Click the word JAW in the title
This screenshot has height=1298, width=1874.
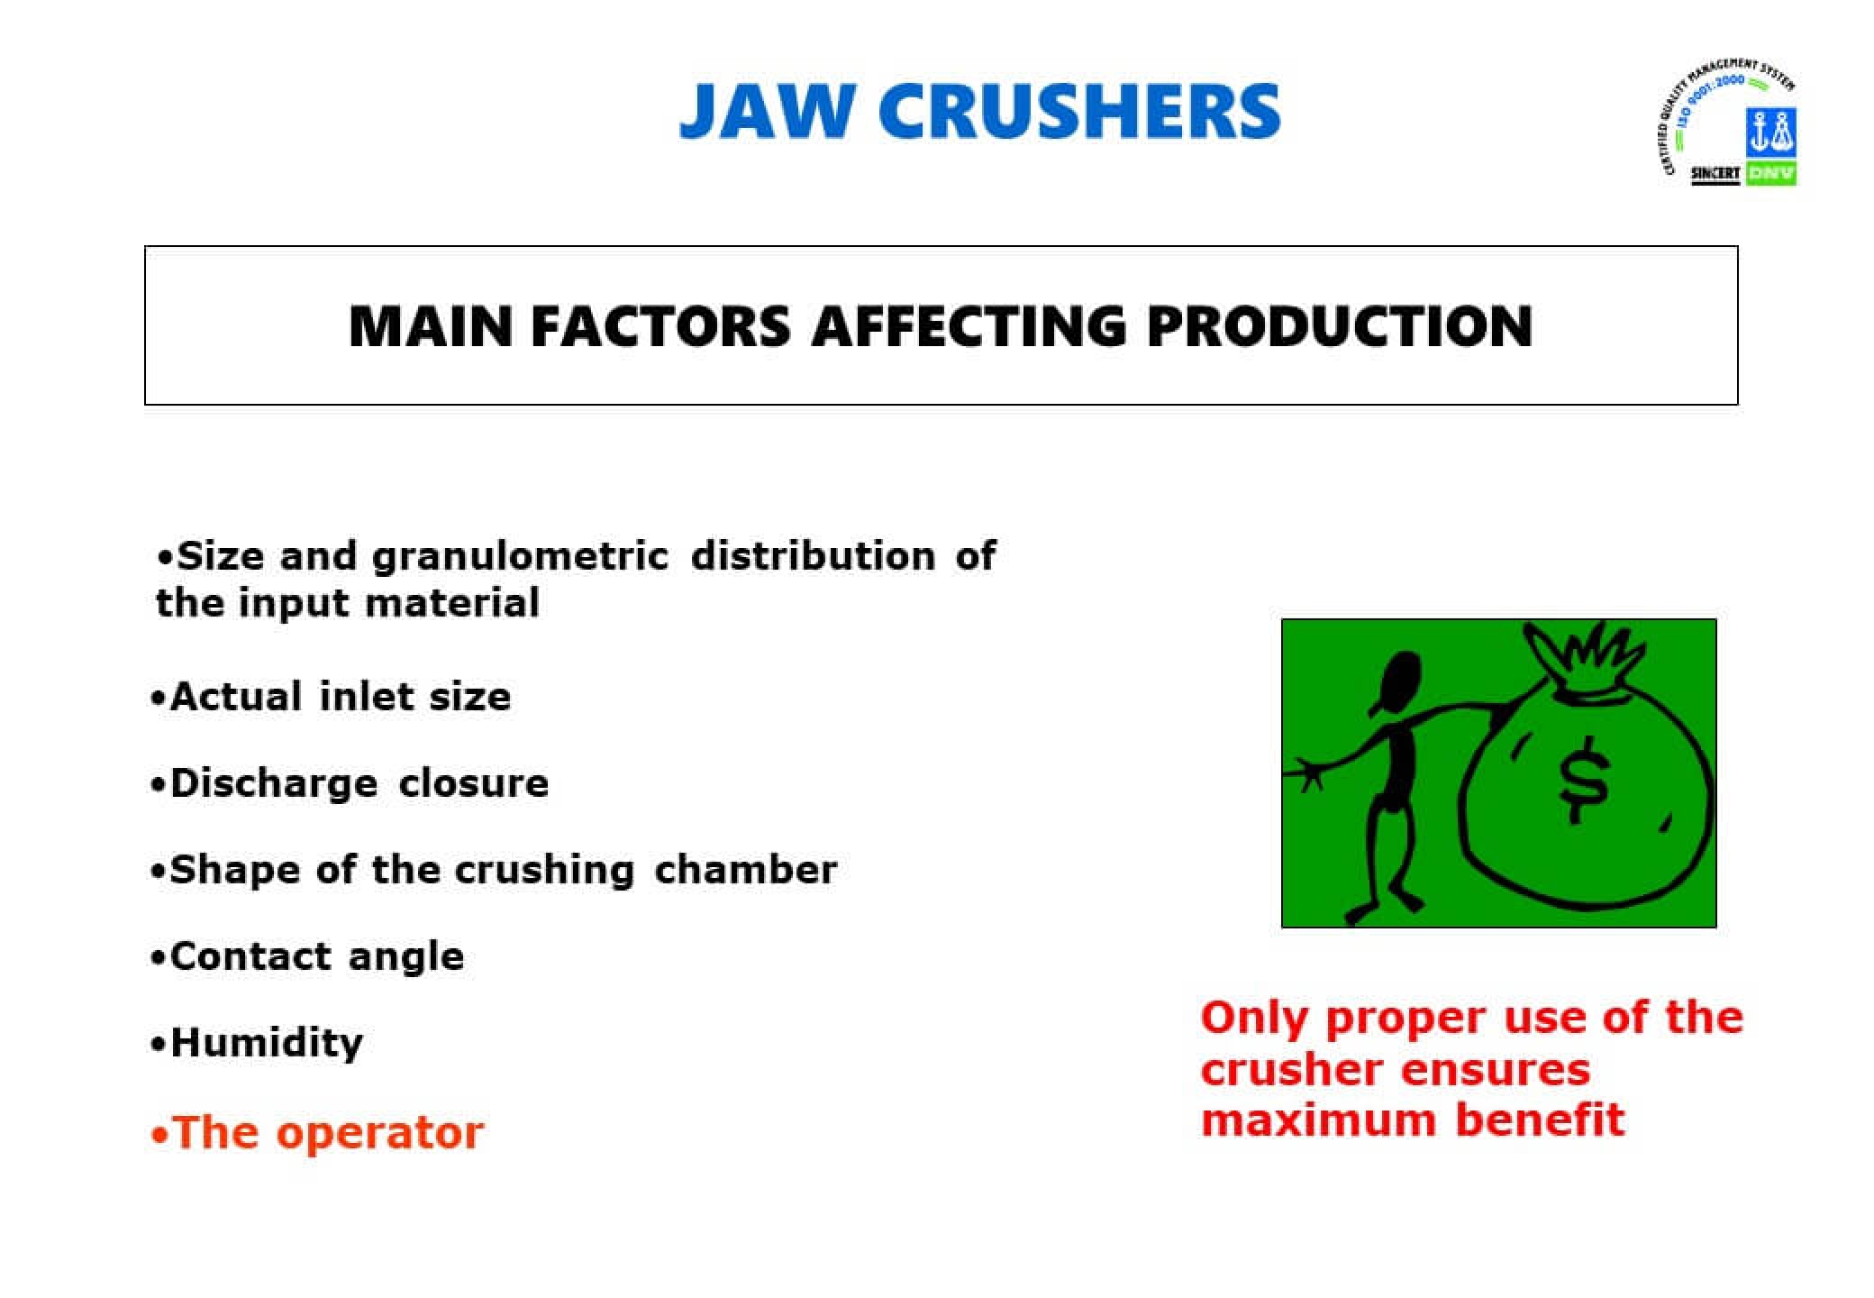tap(764, 111)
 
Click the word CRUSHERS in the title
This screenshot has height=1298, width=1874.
tap(1078, 111)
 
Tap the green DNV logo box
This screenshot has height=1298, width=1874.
tap(1770, 172)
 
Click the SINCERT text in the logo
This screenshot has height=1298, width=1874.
tap(1715, 173)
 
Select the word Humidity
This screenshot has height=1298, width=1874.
tap(267, 1043)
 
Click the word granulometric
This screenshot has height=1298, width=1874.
tap(520, 556)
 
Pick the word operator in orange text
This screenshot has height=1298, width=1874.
tap(379, 1133)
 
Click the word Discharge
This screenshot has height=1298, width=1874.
tap(273, 783)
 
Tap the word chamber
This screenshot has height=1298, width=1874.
tap(746, 870)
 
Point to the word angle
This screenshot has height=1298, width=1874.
tap(406, 956)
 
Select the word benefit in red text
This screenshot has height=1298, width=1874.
tap(1540, 1120)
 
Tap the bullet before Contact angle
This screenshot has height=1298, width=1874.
tap(159, 957)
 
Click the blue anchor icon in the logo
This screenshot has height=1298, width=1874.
tap(1770, 133)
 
